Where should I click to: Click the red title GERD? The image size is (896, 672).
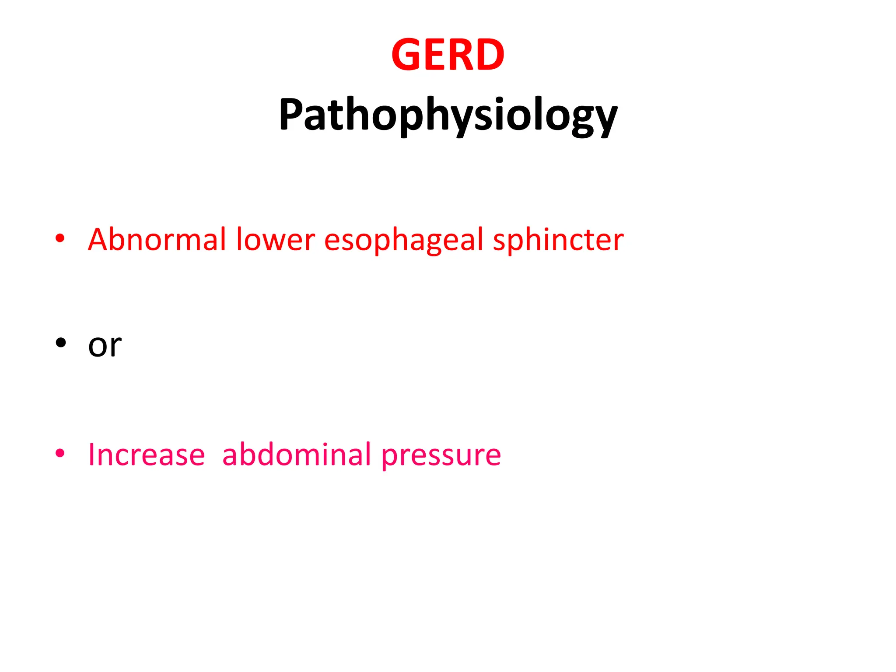pos(448,55)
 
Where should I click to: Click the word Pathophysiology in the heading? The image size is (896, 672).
pos(448,115)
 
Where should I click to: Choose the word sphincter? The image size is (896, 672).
pos(558,241)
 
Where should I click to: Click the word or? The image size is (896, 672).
pos(105,346)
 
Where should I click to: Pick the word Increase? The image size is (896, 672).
pos(147,455)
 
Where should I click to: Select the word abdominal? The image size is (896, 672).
pos(297,455)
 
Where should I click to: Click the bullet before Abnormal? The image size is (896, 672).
pos(60,239)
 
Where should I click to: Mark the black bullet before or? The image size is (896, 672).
pos(60,343)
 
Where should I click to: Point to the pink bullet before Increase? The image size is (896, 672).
pos(60,453)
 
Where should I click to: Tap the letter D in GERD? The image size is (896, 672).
pos(489,55)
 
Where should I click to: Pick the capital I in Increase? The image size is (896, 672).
pos(91,455)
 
